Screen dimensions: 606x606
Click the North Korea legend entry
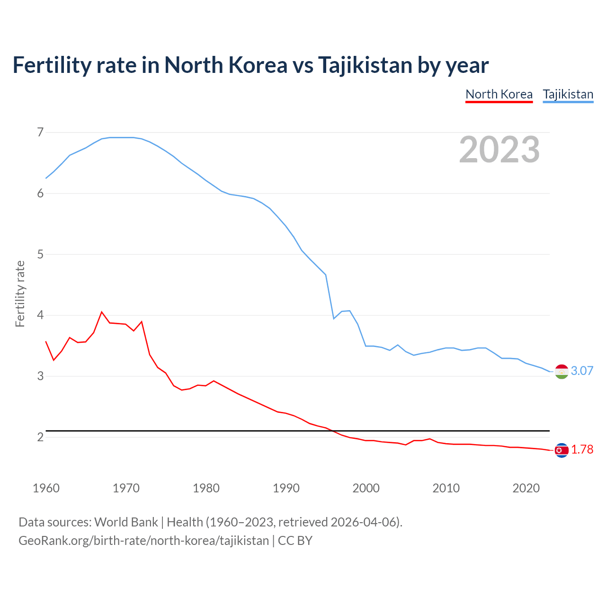click(x=499, y=94)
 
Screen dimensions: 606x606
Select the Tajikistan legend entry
click(x=568, y=94)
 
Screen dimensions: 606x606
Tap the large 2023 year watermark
click(x=499, y=150)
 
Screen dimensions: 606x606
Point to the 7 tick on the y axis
click(x=40, y=132)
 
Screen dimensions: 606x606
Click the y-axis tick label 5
click(x=40, y=254)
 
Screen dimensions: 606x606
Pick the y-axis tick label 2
click(x=40, y=437)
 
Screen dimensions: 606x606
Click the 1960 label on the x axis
click(x=46, y=488)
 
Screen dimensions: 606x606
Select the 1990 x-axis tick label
click(x=286, y=488)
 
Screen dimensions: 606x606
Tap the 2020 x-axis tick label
click(x=526, y=488)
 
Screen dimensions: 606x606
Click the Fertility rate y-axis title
click(x=20, y=294)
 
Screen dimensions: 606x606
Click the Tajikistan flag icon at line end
click(x=561, y=372)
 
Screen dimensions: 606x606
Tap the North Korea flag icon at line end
click(x=561, y=450)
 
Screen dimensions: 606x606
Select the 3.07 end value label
click(x=582, y=371)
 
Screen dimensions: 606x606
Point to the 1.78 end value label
click(x=582, y=449)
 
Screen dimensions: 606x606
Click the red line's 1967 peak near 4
click(x=102, y=312)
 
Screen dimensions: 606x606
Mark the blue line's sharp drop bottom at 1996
click(x=334, y=319)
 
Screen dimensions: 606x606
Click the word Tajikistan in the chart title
click(x=365, y=65)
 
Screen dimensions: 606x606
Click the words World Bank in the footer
click(x=126, y=522)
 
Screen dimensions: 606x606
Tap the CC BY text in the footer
click(x=295, y=541)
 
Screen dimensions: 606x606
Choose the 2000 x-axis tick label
click(x=366, y=488)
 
